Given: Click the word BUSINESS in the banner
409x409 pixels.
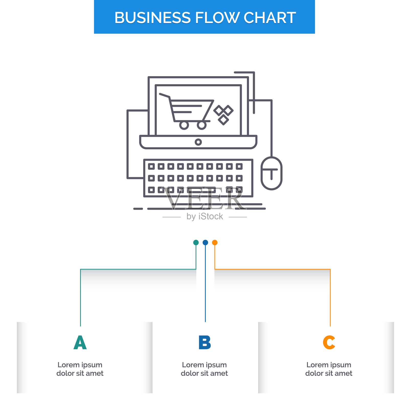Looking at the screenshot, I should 152,18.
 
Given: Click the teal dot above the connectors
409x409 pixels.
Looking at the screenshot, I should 196,242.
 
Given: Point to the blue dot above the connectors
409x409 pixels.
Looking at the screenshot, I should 205,242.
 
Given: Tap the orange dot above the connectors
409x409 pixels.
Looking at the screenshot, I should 215,242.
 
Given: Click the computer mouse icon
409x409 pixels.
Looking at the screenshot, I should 271,173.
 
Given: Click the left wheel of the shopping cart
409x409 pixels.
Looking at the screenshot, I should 184,125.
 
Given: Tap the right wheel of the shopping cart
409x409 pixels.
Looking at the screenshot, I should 201,125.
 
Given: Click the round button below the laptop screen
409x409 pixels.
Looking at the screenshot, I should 198,142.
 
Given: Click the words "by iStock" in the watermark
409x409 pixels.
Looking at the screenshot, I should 204,217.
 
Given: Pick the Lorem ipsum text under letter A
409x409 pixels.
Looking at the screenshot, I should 80,369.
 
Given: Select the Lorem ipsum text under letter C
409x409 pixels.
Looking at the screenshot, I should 329,369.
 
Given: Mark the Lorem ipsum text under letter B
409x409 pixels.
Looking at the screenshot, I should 204,369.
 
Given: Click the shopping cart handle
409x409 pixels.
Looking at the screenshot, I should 164,95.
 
